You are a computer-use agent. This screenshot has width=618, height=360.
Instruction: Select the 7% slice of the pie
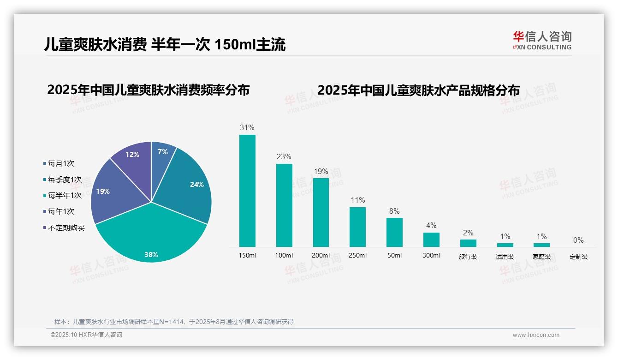[x=162, y=152]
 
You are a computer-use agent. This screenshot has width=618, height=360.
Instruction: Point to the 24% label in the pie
[x=196, y=184]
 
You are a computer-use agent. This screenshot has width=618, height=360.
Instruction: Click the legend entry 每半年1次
[x=64, y=195]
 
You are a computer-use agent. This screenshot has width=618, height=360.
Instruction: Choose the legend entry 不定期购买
[x=66, y=228]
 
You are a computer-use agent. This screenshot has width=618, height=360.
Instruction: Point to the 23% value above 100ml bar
[x=284, y=157]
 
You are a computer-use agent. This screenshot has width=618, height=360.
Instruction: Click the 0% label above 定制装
[x=578, y=240]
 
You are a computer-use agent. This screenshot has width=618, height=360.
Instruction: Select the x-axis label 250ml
[x=357, y=256]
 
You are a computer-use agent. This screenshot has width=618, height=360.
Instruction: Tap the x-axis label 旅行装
[x=468, y=257]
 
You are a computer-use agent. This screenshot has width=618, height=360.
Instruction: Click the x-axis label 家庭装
[x=542, y=257]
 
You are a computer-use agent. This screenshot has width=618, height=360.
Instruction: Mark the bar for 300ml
[x=431, y=240]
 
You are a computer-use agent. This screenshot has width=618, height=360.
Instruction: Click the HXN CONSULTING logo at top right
[x=542, y=41]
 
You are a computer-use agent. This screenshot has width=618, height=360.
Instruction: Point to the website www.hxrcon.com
[x=536, y=335]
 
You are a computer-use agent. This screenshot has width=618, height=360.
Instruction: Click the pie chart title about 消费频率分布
[x=148, y=90]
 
